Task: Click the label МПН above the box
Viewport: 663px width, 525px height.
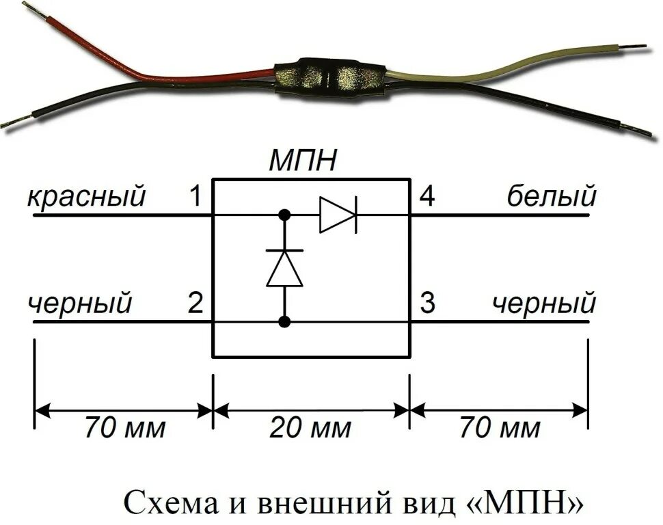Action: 302,162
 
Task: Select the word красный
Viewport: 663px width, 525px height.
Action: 87,198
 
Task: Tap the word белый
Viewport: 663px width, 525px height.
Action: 552,198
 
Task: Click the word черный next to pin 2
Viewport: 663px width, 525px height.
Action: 80,303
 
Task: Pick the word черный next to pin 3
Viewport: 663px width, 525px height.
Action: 545,303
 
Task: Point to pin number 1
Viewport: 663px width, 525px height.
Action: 195,198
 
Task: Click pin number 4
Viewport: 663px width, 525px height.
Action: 427,198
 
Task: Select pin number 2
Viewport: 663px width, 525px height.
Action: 195,303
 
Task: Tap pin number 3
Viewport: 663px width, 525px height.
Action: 427,303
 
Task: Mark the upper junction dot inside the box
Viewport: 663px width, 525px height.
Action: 284,215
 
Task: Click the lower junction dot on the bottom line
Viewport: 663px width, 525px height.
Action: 284,321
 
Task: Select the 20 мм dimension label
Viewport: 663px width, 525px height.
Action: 310,429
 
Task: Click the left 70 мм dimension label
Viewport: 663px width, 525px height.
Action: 125,429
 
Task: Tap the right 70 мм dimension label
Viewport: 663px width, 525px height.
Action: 500,429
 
